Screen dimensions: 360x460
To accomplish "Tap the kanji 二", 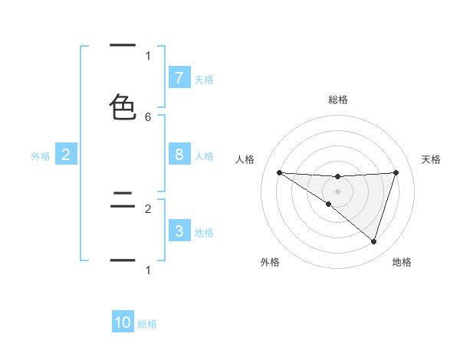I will (x=123, y=203).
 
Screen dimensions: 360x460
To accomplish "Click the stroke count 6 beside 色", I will (x=148, y=116).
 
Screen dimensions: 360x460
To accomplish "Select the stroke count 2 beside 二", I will (x=148, y=208).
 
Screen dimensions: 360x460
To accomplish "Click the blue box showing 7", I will (x=179, y=78).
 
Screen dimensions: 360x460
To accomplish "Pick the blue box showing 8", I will (x=179, y=155).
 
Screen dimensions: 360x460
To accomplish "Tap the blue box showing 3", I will (x=179, y=231).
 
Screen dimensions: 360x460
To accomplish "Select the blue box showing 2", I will (x=65, y=155).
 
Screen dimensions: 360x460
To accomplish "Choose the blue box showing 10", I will (x=123, y=322).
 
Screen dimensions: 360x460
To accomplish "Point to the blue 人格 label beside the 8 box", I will (x=204, y=156).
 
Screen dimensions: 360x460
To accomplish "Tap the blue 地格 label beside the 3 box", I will (x=204, y=233).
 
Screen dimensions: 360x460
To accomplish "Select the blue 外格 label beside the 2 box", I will (x=41, y=156).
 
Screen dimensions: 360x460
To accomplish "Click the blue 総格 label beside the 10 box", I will (x=147, y=324).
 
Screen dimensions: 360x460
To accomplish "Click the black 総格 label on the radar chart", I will (x=338, y=100).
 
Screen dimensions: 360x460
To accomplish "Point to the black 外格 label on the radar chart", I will (x=270, y=262).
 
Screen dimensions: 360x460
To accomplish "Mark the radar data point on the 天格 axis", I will (x=396, y=172).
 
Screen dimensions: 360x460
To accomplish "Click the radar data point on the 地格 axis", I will (x=373, y=241).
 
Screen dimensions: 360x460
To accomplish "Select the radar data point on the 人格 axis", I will (x=279, y=172).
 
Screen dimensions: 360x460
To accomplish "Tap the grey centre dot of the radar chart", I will (x=337, y=191).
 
